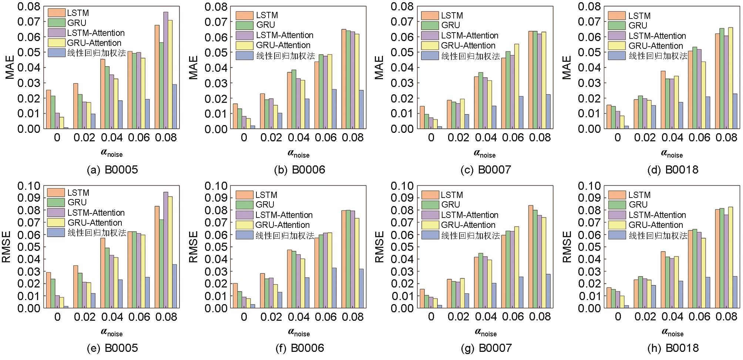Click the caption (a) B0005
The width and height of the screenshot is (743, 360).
coord(112,170)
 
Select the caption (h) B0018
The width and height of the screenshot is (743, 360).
coord(673,348)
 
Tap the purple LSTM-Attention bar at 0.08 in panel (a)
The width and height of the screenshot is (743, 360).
coord(166,70)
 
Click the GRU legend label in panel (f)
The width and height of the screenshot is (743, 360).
coord(265,205)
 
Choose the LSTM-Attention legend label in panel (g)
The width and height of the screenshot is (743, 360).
coord(470,215)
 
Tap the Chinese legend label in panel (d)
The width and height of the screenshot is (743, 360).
coord(658,56)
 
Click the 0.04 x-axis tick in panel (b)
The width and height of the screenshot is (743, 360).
coord(299,138)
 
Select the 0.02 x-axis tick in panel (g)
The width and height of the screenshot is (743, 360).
coord(458,317)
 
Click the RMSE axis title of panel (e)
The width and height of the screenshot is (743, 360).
coord(6,247)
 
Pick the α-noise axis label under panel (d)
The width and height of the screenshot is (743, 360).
coord(672,154)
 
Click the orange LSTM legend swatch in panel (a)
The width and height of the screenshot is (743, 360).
coord(57,13)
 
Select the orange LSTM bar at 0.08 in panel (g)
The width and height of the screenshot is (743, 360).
coord(531,257)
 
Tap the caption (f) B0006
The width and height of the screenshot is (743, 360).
coord(300,348)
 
